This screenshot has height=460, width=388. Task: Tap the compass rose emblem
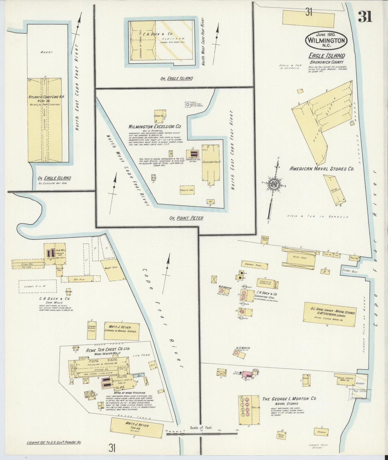[274, 185]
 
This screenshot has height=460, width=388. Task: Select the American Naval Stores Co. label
[322, 169]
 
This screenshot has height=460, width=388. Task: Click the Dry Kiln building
[79, 279]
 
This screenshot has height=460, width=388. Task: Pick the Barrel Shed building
[254, 265]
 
